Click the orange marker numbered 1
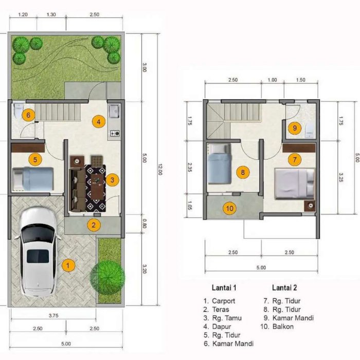[68, 266]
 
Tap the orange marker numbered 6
[28, 115]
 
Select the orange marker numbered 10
[229, 208]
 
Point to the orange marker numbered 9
[295, 128]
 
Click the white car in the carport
[38, 252]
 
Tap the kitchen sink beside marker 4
[114, 111]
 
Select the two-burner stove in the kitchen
[115, 133]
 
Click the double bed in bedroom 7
[295, 183]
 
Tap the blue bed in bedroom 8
[219, 164]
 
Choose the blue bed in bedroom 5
[33, 179]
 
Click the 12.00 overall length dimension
[160, 169]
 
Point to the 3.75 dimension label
[53, 316]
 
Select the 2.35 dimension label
[190, 167]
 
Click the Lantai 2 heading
[284, 287]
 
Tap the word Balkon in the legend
[283, 327]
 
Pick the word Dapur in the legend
[222, 327]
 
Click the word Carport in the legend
[224, 301]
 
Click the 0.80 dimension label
[144, 223]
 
